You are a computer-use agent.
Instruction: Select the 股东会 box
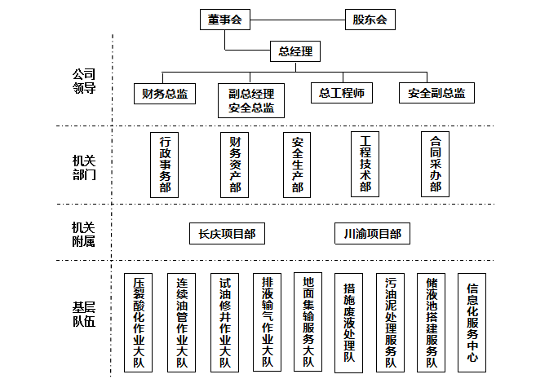[x=370, y=20]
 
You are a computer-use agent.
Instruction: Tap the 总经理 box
[x=294, y=52]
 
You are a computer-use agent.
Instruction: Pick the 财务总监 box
[x=165, y=94]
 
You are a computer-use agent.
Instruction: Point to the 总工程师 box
[x=342, y=93]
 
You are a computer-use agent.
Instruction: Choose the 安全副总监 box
[x=436, y=94]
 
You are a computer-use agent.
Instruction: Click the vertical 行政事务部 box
[x=165, y=165]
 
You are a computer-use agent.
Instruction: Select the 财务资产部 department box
[x=235, y=165]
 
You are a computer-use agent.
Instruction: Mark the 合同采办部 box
[x=435, y=164]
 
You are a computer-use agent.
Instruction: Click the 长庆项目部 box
[x=227, y=234]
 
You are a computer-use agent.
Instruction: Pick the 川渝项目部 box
[x=372, y=234]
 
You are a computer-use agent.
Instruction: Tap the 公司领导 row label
[x=84, y=81]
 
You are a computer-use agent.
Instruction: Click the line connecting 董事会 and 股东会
[x=297, y=20]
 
